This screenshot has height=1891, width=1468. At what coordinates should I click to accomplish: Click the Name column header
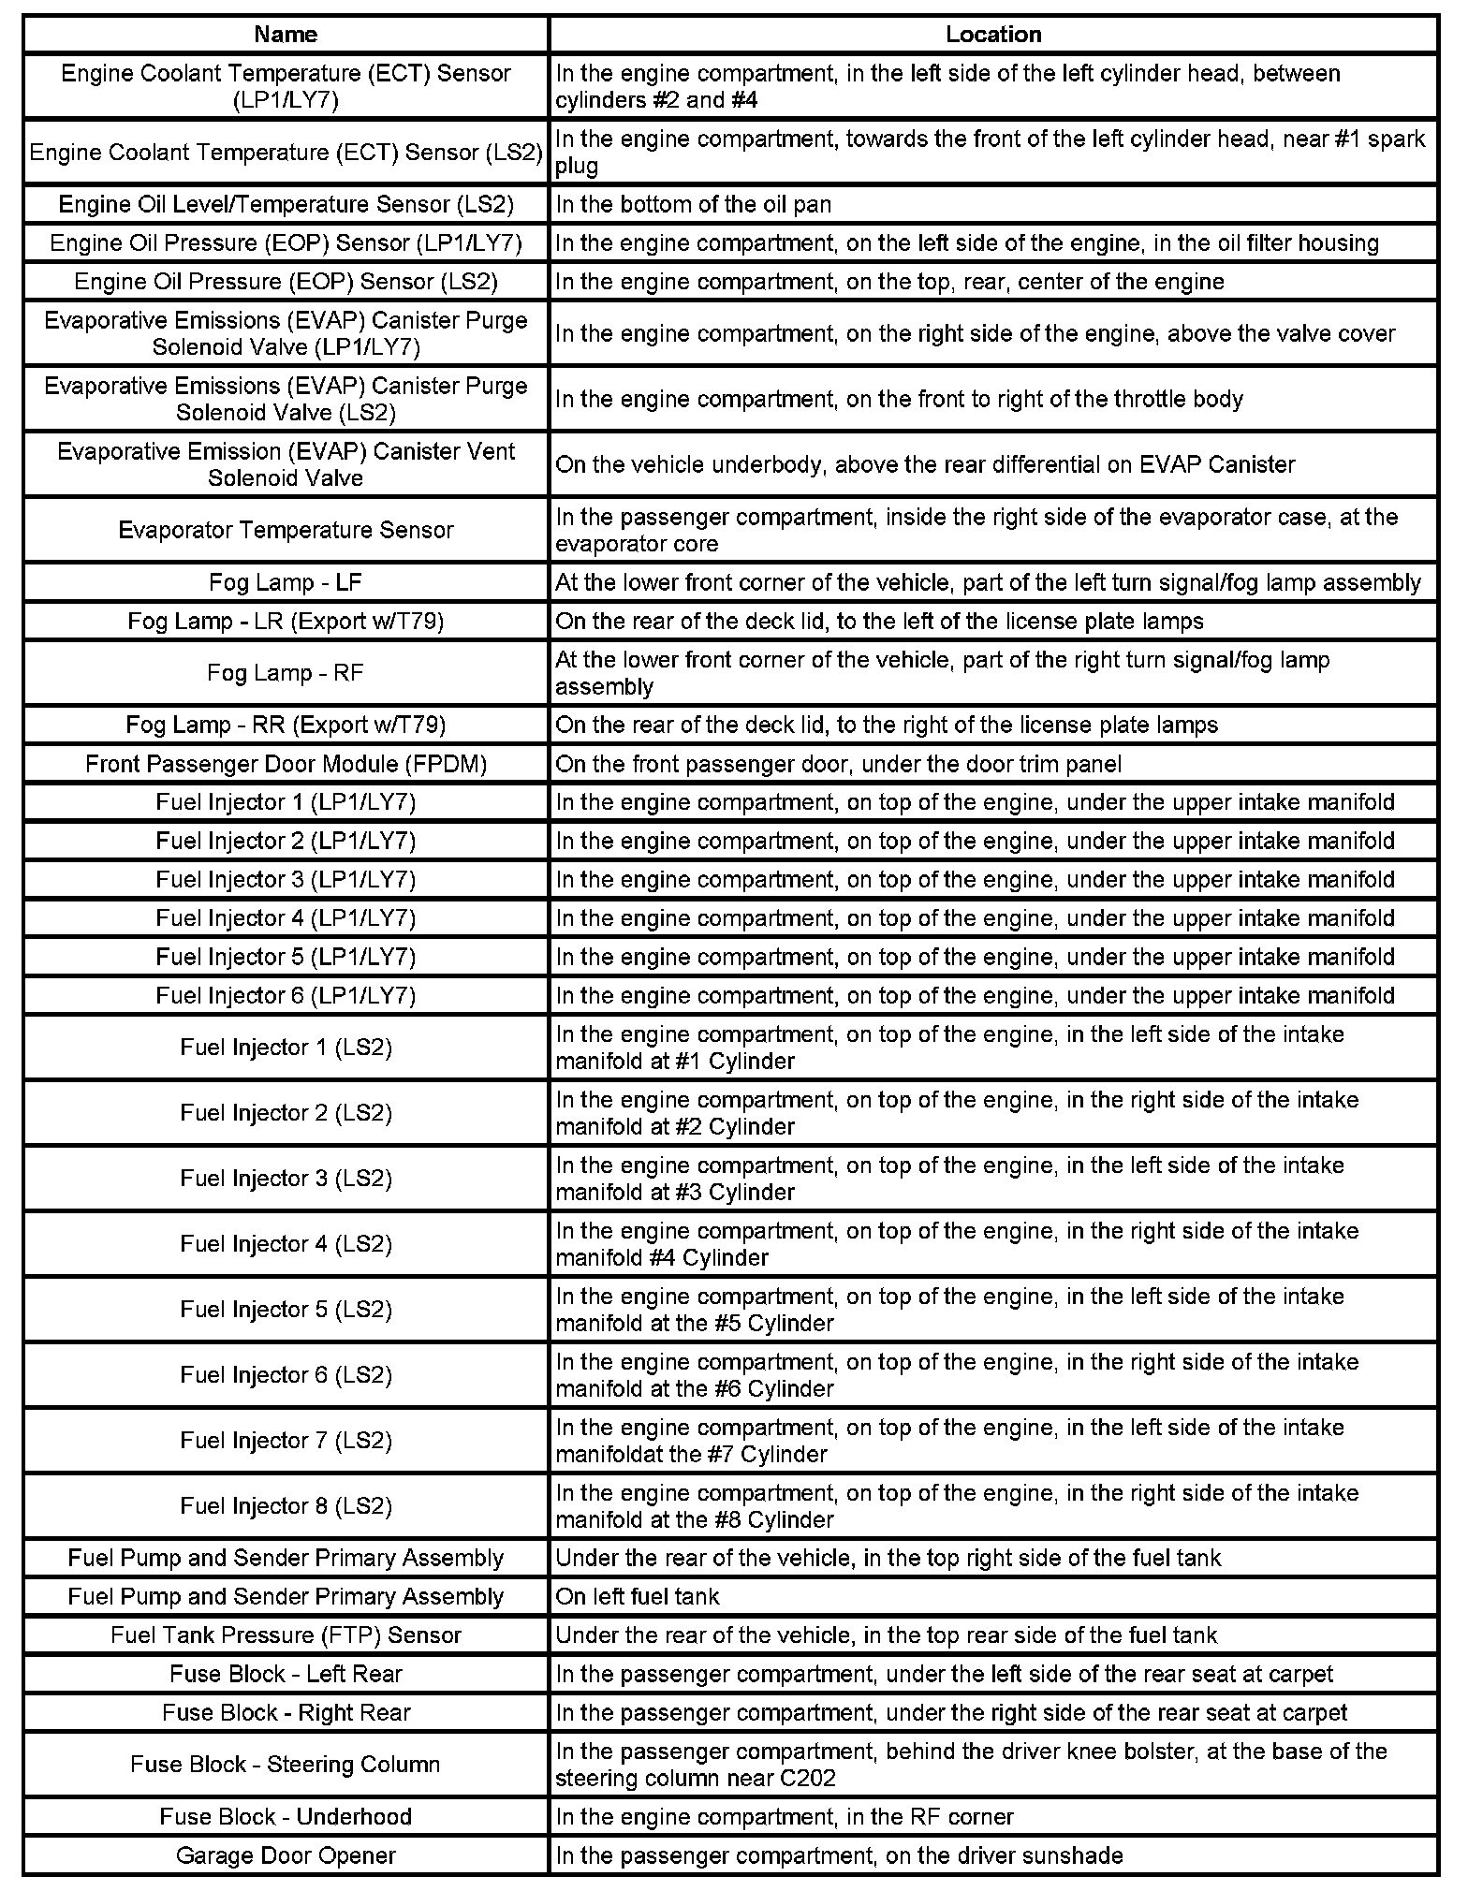click(x=286, y=35)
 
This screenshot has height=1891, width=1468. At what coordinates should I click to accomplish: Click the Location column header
click(x=992, y=35)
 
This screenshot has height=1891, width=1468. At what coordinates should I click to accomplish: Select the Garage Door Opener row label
click(x=286, y=1855)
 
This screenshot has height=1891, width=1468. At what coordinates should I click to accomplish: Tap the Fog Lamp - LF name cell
click(x=286, y=582)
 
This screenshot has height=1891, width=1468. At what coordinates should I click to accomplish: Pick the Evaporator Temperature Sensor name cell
click(x=286, y=530)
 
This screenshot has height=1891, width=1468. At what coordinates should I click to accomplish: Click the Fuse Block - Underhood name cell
click(x=286, y=1817)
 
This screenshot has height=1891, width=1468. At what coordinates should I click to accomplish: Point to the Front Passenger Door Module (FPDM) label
click(x=286, y=764)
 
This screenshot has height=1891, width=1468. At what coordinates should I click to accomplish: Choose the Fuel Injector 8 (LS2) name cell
click(x=286, y=1506)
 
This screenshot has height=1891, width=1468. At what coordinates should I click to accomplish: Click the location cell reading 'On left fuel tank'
click(x=638, y=1597)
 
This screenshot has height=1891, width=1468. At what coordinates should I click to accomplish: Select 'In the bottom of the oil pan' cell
click(x=693, y=204)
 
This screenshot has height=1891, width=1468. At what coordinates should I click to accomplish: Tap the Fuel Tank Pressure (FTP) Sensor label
click(x=286, y=1635)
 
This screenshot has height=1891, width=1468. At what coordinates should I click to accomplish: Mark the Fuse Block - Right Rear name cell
click(x=286, y=1713)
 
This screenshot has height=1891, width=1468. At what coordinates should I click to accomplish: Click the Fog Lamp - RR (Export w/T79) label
click(x=286, y=725)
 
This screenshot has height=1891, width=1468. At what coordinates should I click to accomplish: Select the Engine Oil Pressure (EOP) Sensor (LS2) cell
click(x=286, y=282)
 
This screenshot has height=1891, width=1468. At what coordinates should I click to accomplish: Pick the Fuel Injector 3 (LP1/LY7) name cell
click(x=286, y=880)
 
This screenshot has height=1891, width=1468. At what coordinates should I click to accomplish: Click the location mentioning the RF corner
click(x=785, y=1817)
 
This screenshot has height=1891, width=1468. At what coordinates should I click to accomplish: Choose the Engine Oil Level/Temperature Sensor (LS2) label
click(x=286, y=204)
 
